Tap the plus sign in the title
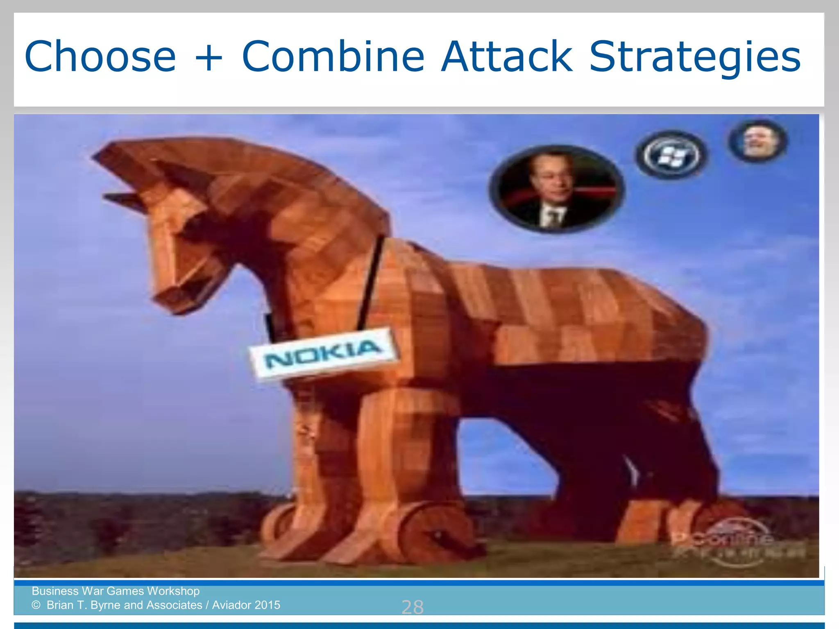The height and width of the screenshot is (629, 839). click(209, 57)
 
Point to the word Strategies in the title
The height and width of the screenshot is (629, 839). click(694, 57)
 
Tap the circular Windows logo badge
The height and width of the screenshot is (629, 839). click(671, 155)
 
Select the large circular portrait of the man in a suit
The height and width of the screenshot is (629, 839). click(556, 189)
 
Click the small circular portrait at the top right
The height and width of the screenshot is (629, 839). click(757, 141)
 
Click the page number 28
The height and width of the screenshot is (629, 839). click(412, 607)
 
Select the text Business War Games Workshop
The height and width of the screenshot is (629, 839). click(116, 591)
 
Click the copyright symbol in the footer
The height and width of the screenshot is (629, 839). click(36, 605)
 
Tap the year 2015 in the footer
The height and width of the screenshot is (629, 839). click(266, 605)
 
